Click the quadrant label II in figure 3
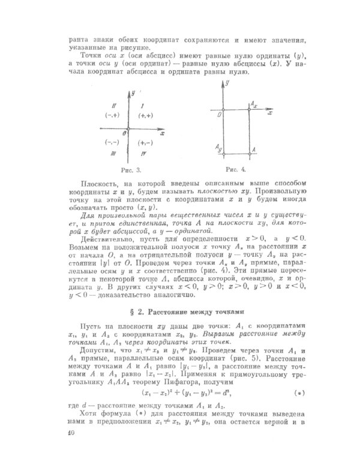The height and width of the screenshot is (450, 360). (111, 104)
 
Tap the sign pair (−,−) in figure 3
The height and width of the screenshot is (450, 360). (112, 142)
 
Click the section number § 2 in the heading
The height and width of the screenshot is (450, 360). (136, 311)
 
